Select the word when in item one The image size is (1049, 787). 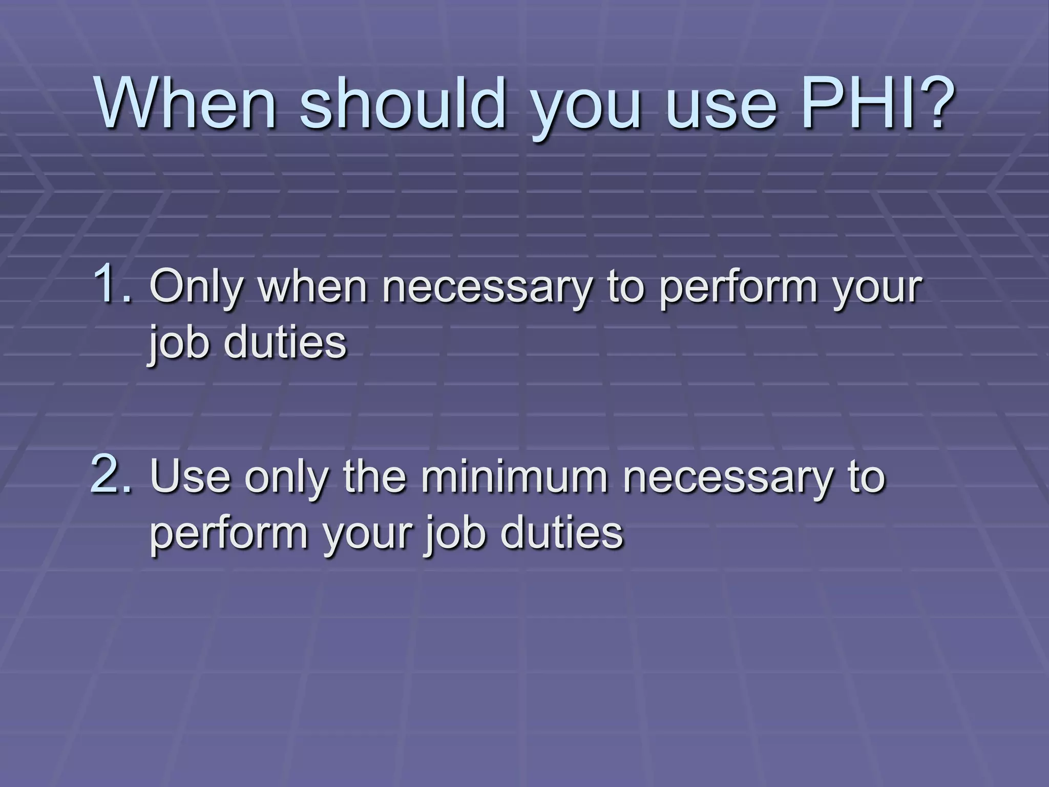point(313,287)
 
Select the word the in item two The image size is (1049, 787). point(374,477)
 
